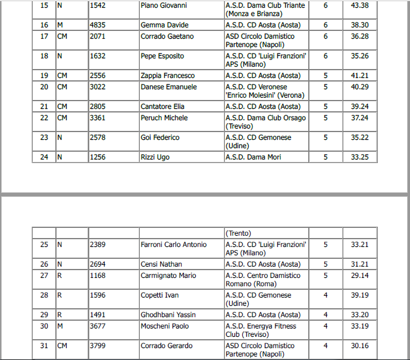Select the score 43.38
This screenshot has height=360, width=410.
[359, 6]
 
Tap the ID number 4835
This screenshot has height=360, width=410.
[98, 26]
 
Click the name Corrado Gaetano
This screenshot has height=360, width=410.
[167, 37]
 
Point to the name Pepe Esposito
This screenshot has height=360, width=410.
[162, 57]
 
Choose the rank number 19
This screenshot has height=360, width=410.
[44, 76]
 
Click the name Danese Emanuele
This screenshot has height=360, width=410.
[168, 87]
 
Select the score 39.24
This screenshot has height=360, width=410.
[359, 107]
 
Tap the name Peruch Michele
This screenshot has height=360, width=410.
[164, 118]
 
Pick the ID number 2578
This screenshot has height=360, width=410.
[98, 138]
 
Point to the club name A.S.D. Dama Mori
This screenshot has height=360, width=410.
[253, 158]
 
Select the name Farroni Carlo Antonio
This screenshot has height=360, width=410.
[174, 245]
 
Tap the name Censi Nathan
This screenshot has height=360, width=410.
[161, 265]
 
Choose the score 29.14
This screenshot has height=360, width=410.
[359, 276]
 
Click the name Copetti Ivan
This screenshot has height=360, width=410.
[159, 296]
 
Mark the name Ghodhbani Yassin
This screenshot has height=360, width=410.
[168, 315]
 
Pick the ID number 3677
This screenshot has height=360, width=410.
[98, 327]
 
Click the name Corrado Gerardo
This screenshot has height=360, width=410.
[167, 346]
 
